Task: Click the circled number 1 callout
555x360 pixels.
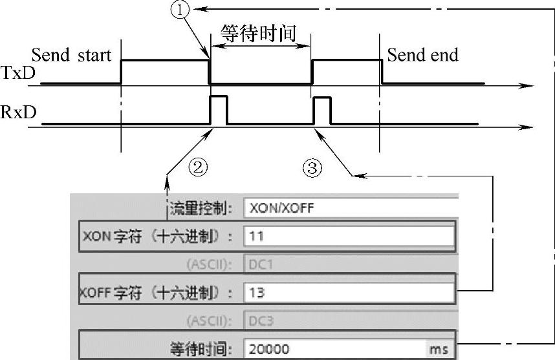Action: click(x=180, y=10)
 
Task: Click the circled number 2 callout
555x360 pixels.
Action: click(x=198, y=168)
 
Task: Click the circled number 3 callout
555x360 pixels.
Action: click(x=312, y=169)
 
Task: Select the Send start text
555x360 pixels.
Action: click(x=71, y=55)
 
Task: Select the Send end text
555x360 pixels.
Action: click(x=422, y=55)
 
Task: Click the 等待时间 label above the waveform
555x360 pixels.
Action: click(x=258, y=33)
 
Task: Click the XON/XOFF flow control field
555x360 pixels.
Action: click(x=349, y=208)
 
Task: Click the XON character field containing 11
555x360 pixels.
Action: click(x=349, y=236)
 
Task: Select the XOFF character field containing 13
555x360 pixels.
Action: click(x=349, y=292)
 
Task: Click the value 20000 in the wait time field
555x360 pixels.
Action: click(x=268, y=349)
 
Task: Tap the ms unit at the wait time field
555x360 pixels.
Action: click(x=439, y=349)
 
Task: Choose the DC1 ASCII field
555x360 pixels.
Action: click(x=349, y=264)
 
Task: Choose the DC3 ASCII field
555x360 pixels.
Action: click(x=349, y=320)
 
